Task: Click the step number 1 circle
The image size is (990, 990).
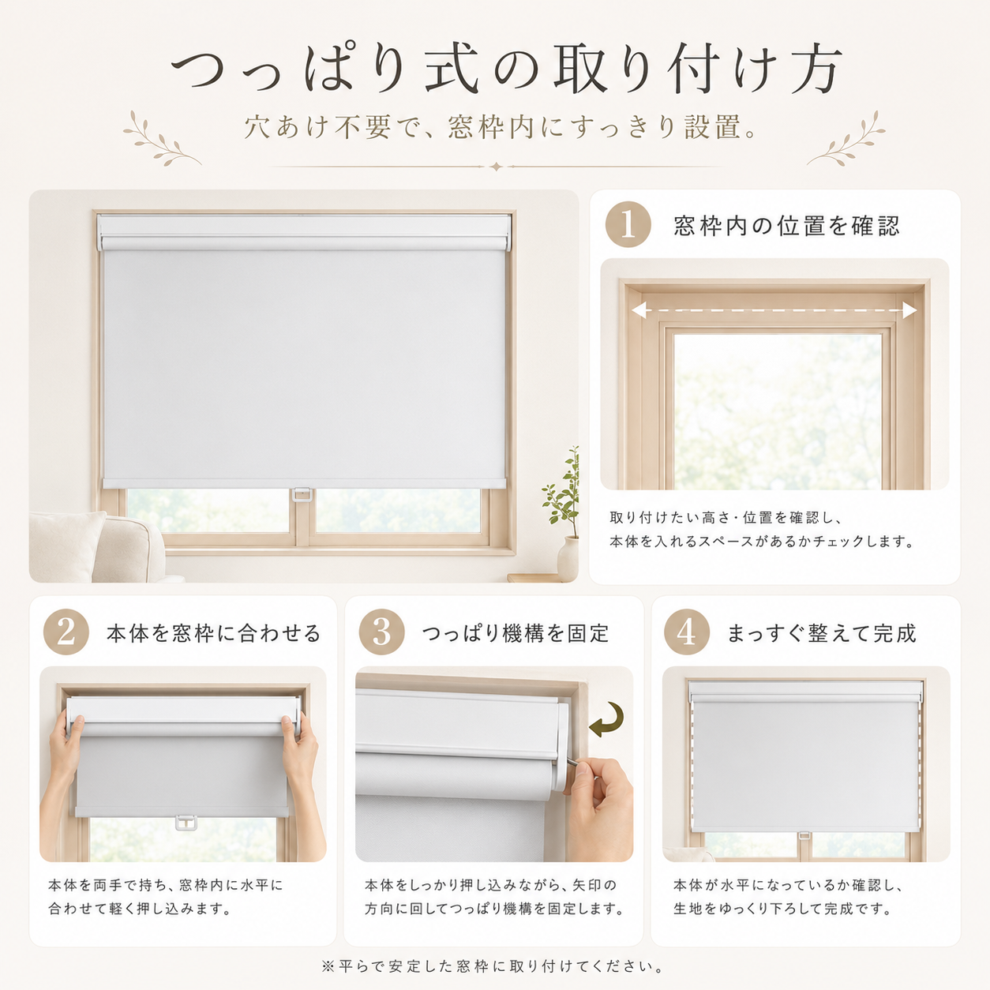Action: [x=628, y=225]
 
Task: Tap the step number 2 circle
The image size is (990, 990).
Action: [x=66, y=632]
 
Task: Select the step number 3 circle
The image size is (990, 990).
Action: [x=382, y=632]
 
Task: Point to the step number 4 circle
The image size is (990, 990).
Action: [x=686, y=632]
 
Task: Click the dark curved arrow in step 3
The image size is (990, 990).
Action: [x=609, y=721]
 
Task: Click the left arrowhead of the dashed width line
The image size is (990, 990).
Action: [x=639, y=310]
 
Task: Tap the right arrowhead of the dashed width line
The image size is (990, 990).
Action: [x=909, y=310]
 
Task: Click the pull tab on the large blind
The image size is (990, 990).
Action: [x=302, y=495]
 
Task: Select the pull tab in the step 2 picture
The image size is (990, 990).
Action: [x=186, y=823]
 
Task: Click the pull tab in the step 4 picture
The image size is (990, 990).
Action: [x=804, y=836]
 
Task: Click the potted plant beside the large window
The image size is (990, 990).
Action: [x=564, y=514]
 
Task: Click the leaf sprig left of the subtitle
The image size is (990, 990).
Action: [x=161, y=139]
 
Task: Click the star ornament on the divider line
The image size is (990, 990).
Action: [x=496, y=167]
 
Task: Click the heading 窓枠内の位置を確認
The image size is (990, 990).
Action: [x=786, y=226]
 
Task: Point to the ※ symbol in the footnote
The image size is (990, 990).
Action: [x=328, y=966]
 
